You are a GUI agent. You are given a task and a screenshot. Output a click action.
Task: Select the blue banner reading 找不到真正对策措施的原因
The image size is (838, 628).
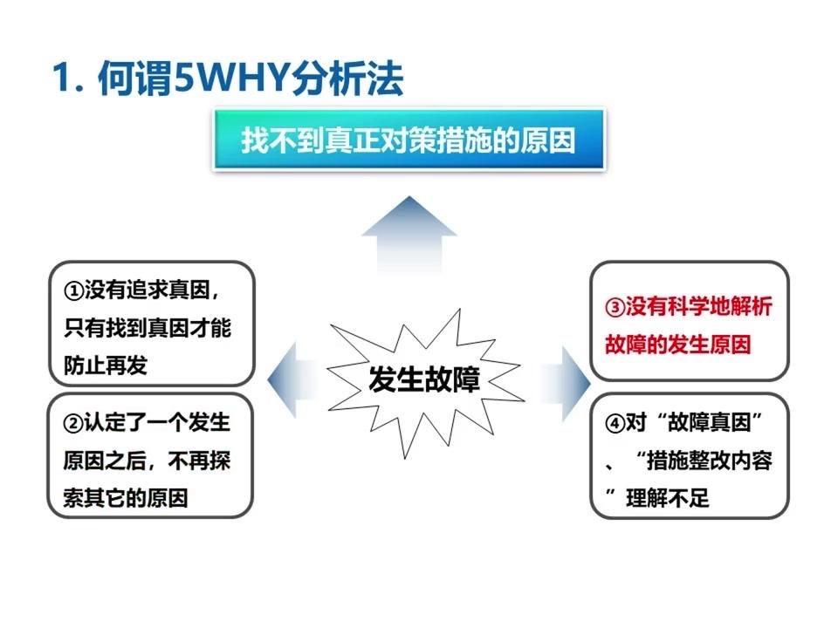tap(409, 140)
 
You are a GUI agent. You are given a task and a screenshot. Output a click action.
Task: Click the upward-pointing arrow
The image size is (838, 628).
tap(409, 235)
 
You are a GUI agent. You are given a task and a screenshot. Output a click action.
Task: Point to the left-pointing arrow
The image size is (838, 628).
tap(292, 379)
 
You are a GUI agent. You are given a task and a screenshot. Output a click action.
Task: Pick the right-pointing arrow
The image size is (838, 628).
tap(567, 383)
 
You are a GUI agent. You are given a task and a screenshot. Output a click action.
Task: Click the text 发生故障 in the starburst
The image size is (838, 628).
tap(424, 379)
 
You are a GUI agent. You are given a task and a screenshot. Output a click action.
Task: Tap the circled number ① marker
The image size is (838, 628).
tap(73, 291)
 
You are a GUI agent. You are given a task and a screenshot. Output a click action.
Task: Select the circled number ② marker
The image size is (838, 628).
tap(73, 424)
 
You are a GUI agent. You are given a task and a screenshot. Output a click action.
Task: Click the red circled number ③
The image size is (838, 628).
tap(615, 307)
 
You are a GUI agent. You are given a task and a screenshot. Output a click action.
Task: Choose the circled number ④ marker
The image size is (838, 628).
tap(615, 424)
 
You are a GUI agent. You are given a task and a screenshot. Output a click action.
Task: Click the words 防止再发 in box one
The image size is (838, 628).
tap(106, 365)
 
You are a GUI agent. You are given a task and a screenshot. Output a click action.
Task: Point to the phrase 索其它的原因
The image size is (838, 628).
tap(126, 498)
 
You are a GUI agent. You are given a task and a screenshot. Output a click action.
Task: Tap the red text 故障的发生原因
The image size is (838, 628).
tap(678, 345)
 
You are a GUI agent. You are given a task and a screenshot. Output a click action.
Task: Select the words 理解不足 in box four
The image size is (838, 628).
tap(668, 498)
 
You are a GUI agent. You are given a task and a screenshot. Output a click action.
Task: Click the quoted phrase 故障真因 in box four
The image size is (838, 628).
tap(709, 423)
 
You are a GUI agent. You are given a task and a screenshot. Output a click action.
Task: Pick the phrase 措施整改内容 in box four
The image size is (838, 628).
tap(709, 461)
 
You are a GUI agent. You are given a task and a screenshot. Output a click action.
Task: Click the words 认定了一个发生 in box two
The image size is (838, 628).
tap(157, 423)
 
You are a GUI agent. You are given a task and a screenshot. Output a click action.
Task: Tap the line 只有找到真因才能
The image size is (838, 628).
tap(148, 328)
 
